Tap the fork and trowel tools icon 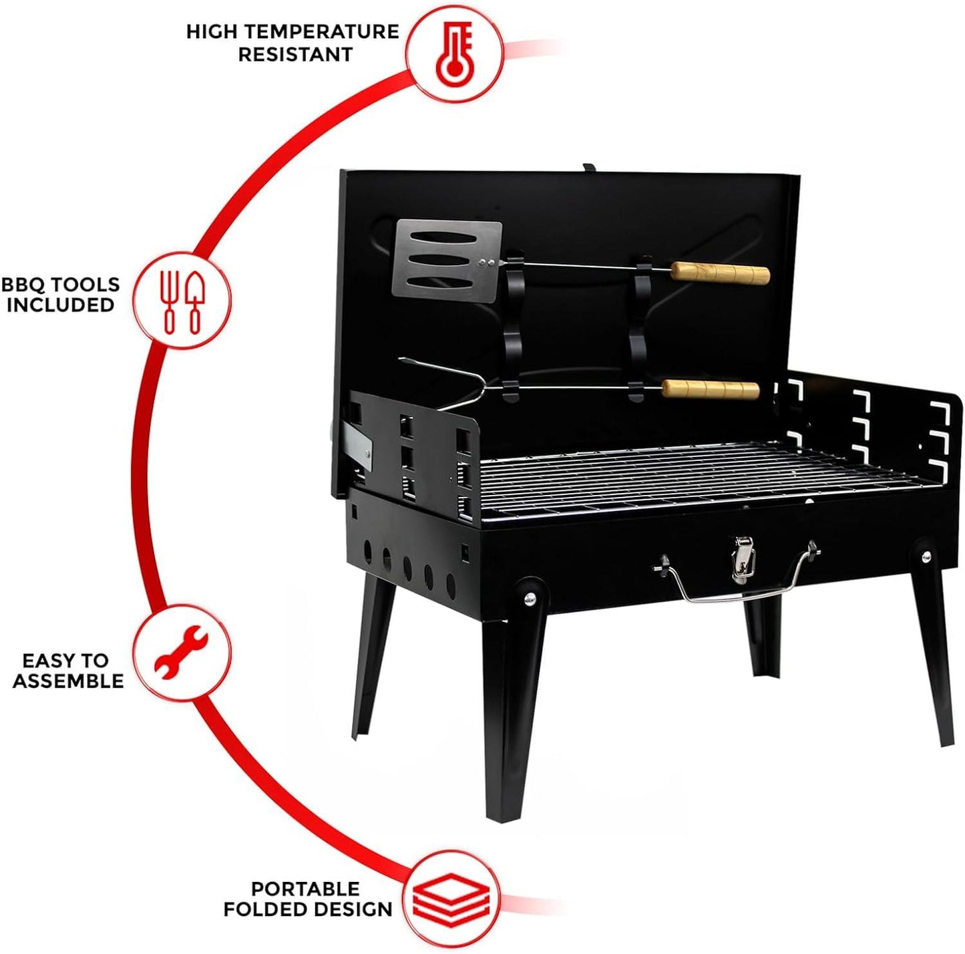point(182,302)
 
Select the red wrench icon point(181,651)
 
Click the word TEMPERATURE point(323,31)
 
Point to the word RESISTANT point(295,54)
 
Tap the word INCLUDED point(61,305)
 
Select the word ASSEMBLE point(68,681)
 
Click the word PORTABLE point(305,889)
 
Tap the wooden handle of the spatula point(721,273)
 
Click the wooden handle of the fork point(711,389)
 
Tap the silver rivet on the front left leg point(530,598)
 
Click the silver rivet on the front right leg point(926,556)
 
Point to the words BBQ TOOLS point(61,285)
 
